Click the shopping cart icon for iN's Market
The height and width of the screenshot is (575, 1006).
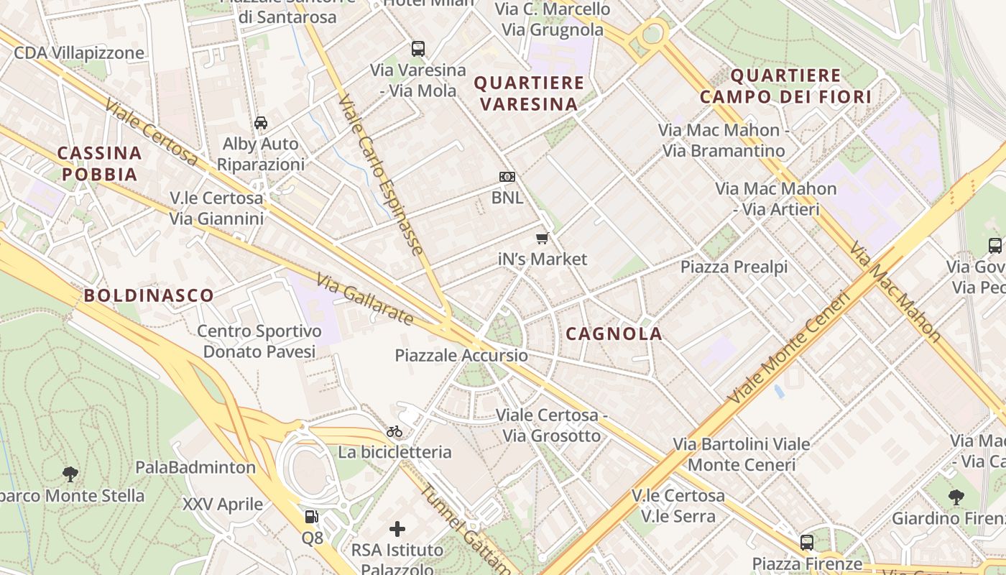pyautogui.click(x=543, y=238)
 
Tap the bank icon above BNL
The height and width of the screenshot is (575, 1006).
pyautogui.click(x=507, y=177)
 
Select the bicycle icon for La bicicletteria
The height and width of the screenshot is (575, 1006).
pyautogui.click(x=394, y=431)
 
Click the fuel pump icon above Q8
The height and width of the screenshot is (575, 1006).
pyautogui.click(x=312, y=516)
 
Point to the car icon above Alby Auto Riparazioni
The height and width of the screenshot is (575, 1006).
pyautogui.click(x=260, y=123)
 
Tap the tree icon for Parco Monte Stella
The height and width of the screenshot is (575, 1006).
pyautogui.click(x=70, y=474)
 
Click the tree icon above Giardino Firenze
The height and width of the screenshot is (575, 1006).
pyautogui.click(x=956, y=496)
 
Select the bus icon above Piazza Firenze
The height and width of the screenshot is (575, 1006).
pyautogui.click(x=807, y=542)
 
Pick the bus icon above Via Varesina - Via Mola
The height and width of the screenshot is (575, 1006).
pyautogui.click(x=417, y=49)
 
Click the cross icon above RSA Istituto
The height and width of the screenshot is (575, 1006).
pyautogui.click(x=397, y=530)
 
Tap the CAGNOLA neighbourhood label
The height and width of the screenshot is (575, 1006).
pyautogui.click(x=614, y=333)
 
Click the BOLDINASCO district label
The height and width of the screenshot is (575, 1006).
pyautogui.click(x=149, y=295)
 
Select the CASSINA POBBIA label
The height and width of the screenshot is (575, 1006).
pyautogui.click(x=99, y=163)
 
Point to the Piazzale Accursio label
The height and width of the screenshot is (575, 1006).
pyautogui.click(x=461, y=356)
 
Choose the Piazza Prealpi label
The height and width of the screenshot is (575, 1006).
pyautogui.click(x=734, y=267)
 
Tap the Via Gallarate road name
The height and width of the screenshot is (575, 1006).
pyautogui.click(x=365, y=299)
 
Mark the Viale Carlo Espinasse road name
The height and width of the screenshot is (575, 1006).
pyautogui.click(x=380, y=174)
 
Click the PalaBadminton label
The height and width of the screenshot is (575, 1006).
pyautogui.click(x=195, y=467)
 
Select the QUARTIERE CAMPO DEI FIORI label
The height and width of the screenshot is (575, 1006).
pyautogui.click(x=785, y=86)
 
